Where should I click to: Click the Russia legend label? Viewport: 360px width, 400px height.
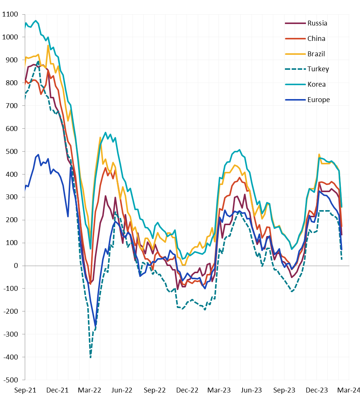[317, 23]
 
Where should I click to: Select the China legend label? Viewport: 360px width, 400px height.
[316, 39]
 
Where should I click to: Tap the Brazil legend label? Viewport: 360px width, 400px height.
[316, 54]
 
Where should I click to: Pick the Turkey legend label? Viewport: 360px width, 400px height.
[318, 69]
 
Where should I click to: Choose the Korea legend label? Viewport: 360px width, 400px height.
[316, 84]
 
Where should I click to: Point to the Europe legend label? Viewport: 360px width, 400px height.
[318, 100]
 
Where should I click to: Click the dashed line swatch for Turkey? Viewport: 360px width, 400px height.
[295, 69]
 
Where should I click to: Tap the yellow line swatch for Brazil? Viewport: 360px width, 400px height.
[295, 54]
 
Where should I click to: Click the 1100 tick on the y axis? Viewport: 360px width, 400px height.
[10, 15]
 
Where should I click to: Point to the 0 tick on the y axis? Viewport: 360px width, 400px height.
[16, 266]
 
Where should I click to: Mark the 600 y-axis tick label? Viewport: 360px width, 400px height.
[12, 129]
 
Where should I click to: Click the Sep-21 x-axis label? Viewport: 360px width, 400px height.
[25, 390]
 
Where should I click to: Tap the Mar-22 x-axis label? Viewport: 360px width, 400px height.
[90, 390]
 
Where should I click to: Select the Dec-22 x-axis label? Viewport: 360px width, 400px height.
[187, 390]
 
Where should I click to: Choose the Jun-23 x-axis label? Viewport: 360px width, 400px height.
[252, 390]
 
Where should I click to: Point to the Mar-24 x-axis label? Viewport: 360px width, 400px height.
[349, 390]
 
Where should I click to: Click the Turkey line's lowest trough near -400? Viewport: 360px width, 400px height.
[90, 357]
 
